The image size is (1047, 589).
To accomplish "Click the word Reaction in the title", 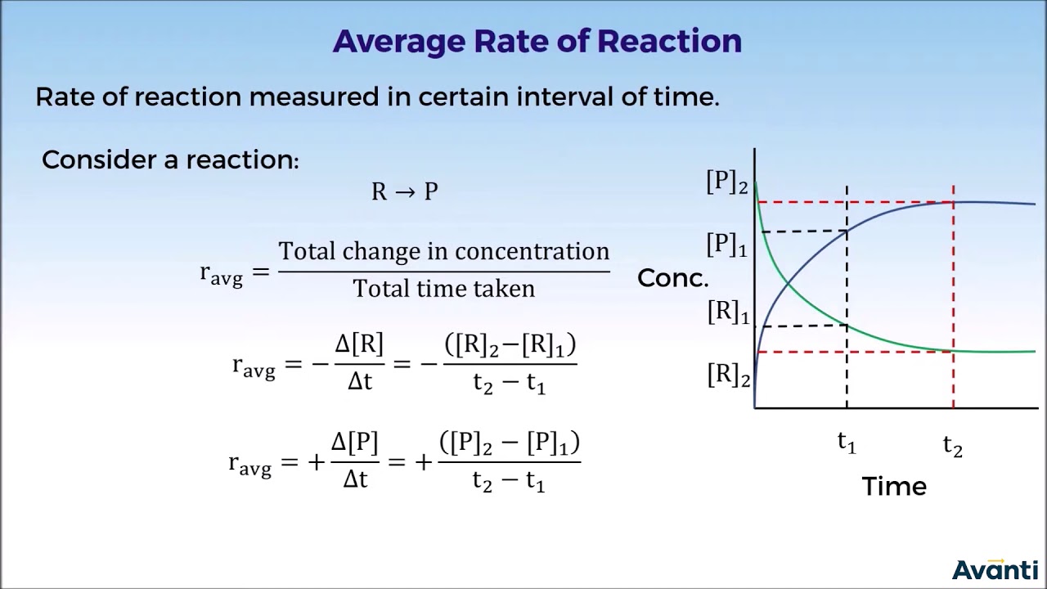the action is point(669,41).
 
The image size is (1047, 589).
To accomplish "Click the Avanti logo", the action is point(995,569).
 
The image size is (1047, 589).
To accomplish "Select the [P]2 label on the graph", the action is point(727,182).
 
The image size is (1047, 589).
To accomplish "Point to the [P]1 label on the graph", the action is point(727,245).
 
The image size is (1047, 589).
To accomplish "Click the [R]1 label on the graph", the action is point(728,312).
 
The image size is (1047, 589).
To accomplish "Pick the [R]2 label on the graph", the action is point(728,375).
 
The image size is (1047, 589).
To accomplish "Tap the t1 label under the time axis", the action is point(847,443).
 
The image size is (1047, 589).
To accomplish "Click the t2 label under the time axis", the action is point(953,446).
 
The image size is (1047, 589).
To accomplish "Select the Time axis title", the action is point(894,486).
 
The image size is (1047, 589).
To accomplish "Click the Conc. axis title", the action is point(672,278).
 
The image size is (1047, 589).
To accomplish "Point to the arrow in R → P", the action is point(405,192).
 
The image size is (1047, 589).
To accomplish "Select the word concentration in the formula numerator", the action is point(532,251).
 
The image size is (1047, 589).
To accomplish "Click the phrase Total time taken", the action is point(443,289).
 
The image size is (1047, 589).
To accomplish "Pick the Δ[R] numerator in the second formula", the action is point(359,344).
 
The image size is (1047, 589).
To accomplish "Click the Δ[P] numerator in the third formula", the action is point(354,443).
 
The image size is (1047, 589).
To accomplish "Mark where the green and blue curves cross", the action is point(788,283).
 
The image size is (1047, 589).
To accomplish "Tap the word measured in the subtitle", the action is point(313,97).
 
